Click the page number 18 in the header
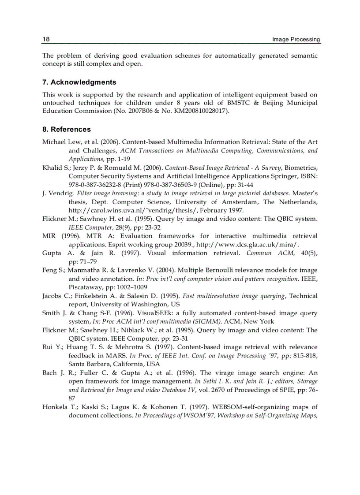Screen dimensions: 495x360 click(x=46, y=39)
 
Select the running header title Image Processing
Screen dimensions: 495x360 click(x=296, y=39)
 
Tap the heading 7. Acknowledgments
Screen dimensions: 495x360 click(x=79, y=82)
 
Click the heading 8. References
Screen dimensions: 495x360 click(x=67, y=130)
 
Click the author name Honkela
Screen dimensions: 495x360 click(x=54, y=407)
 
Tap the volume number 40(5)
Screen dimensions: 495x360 click(x=309, y=253)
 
